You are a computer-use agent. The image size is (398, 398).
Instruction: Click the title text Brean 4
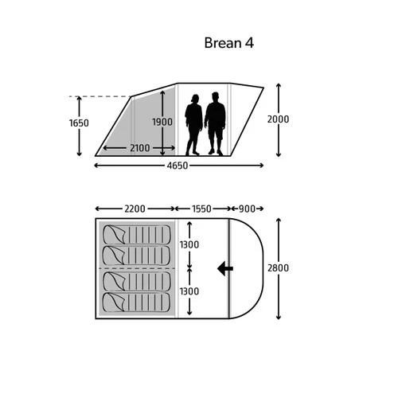point(228,43)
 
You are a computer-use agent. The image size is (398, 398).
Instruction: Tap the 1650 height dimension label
point(79,123)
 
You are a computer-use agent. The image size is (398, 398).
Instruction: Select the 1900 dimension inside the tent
point(162,122)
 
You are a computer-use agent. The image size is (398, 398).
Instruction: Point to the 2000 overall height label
point(278,119)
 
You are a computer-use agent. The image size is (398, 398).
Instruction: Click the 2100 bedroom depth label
point(140,148)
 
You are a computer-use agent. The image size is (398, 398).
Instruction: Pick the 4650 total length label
point(178,166)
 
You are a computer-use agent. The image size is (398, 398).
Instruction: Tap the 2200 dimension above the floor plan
point(135,209)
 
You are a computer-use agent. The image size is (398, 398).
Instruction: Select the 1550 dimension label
point(201,209)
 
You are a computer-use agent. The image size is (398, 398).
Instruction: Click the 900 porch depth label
point(247,209)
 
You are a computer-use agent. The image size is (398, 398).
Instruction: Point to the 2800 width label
point(278,268)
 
